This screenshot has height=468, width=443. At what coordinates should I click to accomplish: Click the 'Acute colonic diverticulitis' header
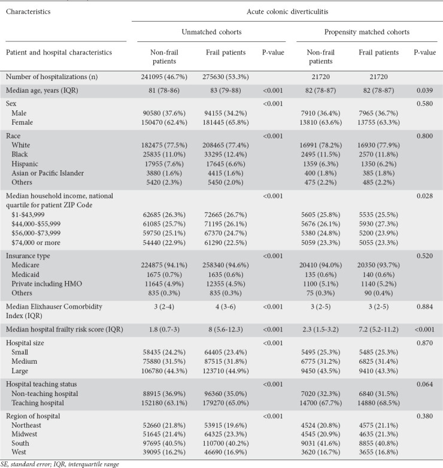coord(284,10)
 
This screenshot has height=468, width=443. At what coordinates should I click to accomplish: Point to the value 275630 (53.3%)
coord(226,77)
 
